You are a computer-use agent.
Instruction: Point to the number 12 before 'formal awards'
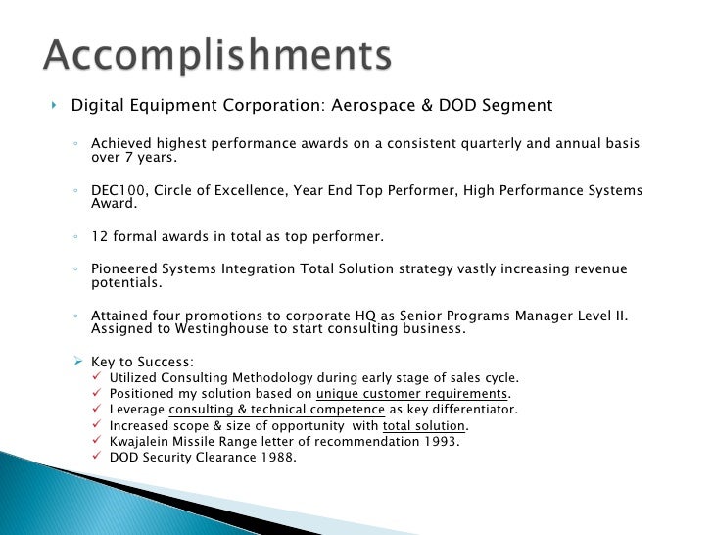pos(99,236)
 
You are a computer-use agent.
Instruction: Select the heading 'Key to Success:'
pos(142,361)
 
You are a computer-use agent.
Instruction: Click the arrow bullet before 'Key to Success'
pos(81,361)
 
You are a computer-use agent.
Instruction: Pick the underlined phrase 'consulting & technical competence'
pos(277,409)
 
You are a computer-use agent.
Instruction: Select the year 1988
pos(276,457)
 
